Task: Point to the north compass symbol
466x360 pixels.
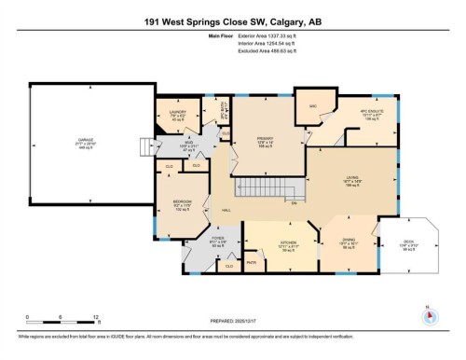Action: pyautogui.click(x=428, y=314)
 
